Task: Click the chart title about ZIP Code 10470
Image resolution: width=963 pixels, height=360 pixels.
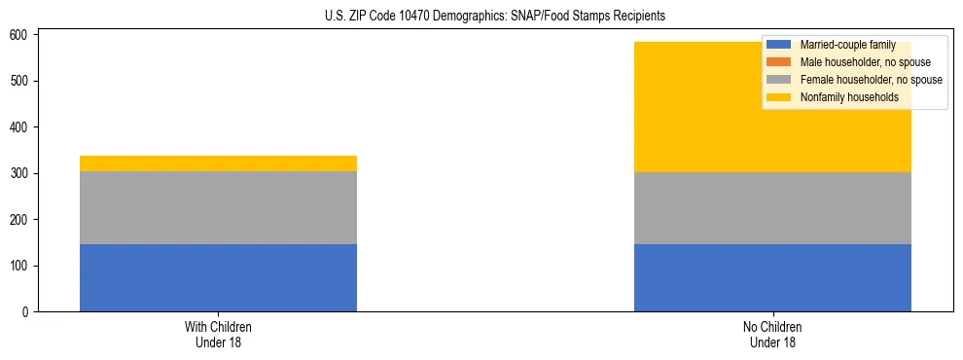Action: point(495,17)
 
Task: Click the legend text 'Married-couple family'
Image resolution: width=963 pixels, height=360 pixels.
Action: point(847,45)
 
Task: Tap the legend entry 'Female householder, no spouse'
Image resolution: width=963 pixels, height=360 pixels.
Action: point(871,80)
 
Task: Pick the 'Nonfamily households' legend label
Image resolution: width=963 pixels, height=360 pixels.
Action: point(849,97)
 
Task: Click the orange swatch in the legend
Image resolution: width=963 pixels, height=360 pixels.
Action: point(780,62)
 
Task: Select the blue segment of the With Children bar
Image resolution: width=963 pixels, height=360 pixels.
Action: point(218,277)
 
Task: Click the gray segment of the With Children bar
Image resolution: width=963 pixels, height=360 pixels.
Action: point(218,207)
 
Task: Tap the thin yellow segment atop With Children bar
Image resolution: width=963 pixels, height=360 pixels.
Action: point(218,163)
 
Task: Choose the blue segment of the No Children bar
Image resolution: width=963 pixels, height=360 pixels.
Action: point(772,277)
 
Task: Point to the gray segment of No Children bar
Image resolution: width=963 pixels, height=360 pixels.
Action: point(772,208)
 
